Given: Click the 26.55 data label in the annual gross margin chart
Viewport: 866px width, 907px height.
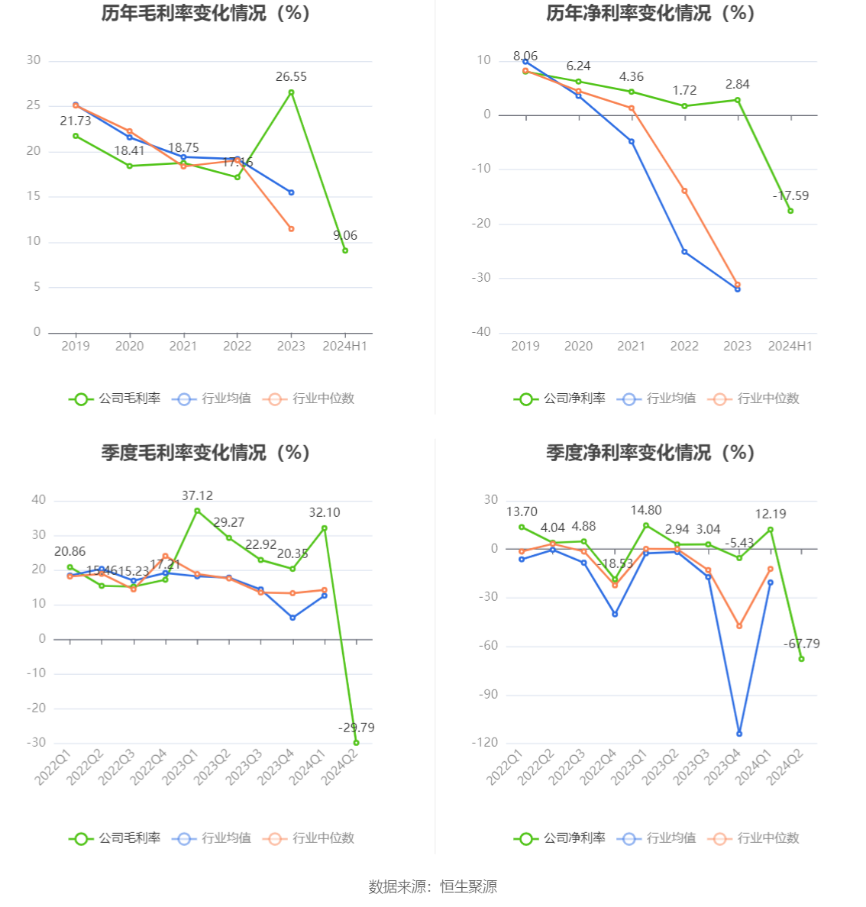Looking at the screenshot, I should pos(291,76).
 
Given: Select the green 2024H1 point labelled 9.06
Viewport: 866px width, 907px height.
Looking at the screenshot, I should pos(345,250).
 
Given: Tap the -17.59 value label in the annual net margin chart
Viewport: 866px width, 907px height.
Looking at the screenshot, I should pos(790,196).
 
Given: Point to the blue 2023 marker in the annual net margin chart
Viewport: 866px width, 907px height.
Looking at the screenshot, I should pos(738,289).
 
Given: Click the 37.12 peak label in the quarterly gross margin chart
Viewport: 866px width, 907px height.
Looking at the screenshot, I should pos(197,496).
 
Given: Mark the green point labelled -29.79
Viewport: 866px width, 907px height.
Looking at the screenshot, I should pos(356,743).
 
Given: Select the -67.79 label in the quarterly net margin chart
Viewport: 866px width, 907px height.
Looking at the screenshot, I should pos(802,644).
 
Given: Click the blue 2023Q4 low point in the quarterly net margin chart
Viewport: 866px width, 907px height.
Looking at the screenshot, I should pos(739,734).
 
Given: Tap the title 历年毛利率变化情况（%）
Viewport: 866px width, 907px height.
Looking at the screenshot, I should pos(205,14).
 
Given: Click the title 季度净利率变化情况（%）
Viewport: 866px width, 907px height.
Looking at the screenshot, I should pos(650,453).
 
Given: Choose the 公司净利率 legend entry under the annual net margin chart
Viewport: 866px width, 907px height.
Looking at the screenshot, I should pos(561,399).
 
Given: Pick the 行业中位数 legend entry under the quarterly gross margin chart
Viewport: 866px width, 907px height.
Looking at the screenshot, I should pos(309,838).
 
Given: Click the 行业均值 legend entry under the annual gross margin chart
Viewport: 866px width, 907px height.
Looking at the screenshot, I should pos(213,399).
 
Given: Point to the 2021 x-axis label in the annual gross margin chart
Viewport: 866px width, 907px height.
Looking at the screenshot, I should pos(183,347).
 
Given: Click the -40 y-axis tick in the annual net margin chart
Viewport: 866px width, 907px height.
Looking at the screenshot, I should pos(481,332).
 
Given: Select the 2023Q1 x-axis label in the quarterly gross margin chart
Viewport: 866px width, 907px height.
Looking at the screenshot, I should pos(182,767).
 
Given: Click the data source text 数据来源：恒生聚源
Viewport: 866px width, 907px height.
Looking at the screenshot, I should pos(433,886).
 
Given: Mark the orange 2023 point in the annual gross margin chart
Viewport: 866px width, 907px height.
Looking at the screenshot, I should pos(291,229).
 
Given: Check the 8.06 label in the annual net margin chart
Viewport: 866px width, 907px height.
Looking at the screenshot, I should pos(525,56).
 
